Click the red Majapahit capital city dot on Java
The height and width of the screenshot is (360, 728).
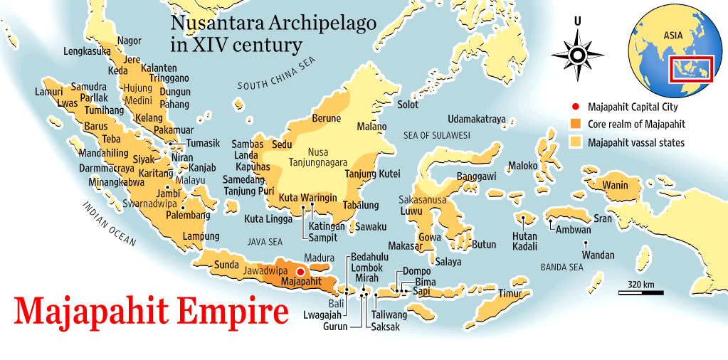[x=300, y=272]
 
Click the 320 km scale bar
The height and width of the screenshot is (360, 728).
[x=641, y=290]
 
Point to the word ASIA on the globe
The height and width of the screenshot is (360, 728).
[x=673, y=34]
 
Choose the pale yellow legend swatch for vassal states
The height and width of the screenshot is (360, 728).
[x=576, y=142]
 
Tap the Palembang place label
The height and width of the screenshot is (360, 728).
[x=188, y=215]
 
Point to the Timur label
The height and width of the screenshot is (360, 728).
[x=510, y=293]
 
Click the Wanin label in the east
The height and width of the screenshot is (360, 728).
[x=615, y=186]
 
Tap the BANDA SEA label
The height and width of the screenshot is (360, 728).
[x=561, y=268]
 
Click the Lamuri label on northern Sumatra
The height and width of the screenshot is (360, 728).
[x=49, y=92]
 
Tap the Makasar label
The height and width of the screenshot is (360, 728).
[x=406, y=246]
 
